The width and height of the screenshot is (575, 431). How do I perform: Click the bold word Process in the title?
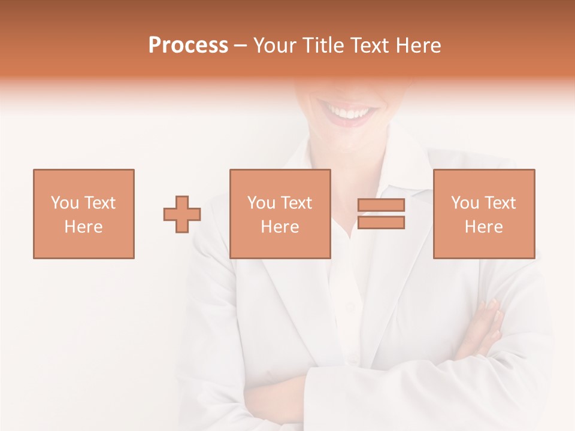(x=188, y=45)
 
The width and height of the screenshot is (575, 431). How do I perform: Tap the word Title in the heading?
(x=323, y=45)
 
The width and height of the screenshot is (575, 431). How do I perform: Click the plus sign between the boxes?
(x=182, y=214)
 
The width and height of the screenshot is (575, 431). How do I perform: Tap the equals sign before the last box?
(x=381, y=214)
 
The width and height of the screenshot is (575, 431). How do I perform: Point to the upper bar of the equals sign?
(x=381, y=205)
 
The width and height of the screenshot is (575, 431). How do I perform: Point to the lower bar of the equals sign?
(x=381, y=223)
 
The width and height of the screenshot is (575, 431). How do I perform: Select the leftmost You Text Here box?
(x=83, y=214)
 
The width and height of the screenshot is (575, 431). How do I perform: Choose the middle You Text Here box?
(x=280, y=214)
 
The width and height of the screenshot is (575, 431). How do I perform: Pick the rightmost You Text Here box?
(x=483, y=214)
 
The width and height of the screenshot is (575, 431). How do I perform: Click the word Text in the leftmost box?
(x=99, y=203)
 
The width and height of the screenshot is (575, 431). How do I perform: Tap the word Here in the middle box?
(x=280, y=227)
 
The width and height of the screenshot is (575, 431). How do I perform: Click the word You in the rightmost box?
(x=465, y=203)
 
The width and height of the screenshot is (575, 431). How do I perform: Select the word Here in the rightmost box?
(x=483, y=227)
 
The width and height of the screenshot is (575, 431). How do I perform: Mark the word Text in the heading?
(x=368, y=45)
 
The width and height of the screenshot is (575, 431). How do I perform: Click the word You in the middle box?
(x=261, y=203)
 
